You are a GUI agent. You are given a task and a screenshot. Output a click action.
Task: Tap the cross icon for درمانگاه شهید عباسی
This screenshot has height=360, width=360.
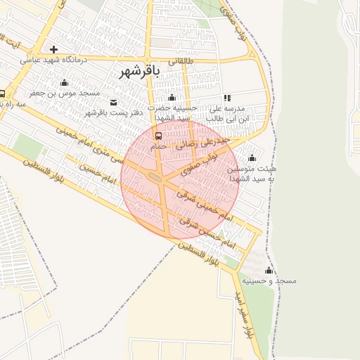click(53, 49)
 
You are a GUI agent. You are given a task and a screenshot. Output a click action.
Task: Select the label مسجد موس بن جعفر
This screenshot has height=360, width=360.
click(65, 93)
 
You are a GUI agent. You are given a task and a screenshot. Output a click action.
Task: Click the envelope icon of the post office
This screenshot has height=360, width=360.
click(114, 102)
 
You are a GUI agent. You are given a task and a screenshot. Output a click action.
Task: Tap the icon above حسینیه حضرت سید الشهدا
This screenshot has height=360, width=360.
click(172, 97)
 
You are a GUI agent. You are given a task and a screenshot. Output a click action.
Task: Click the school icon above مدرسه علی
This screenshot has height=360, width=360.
click(226, 98)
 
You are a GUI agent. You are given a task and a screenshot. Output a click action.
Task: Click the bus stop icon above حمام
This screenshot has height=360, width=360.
click(157, 136)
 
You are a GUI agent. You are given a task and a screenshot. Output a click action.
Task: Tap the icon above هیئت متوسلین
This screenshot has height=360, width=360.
click(252, 157)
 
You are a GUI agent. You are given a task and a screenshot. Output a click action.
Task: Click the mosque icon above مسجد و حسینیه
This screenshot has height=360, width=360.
click(268, 271)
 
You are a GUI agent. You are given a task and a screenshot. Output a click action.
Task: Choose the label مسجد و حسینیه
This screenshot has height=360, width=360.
click(268, 281)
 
